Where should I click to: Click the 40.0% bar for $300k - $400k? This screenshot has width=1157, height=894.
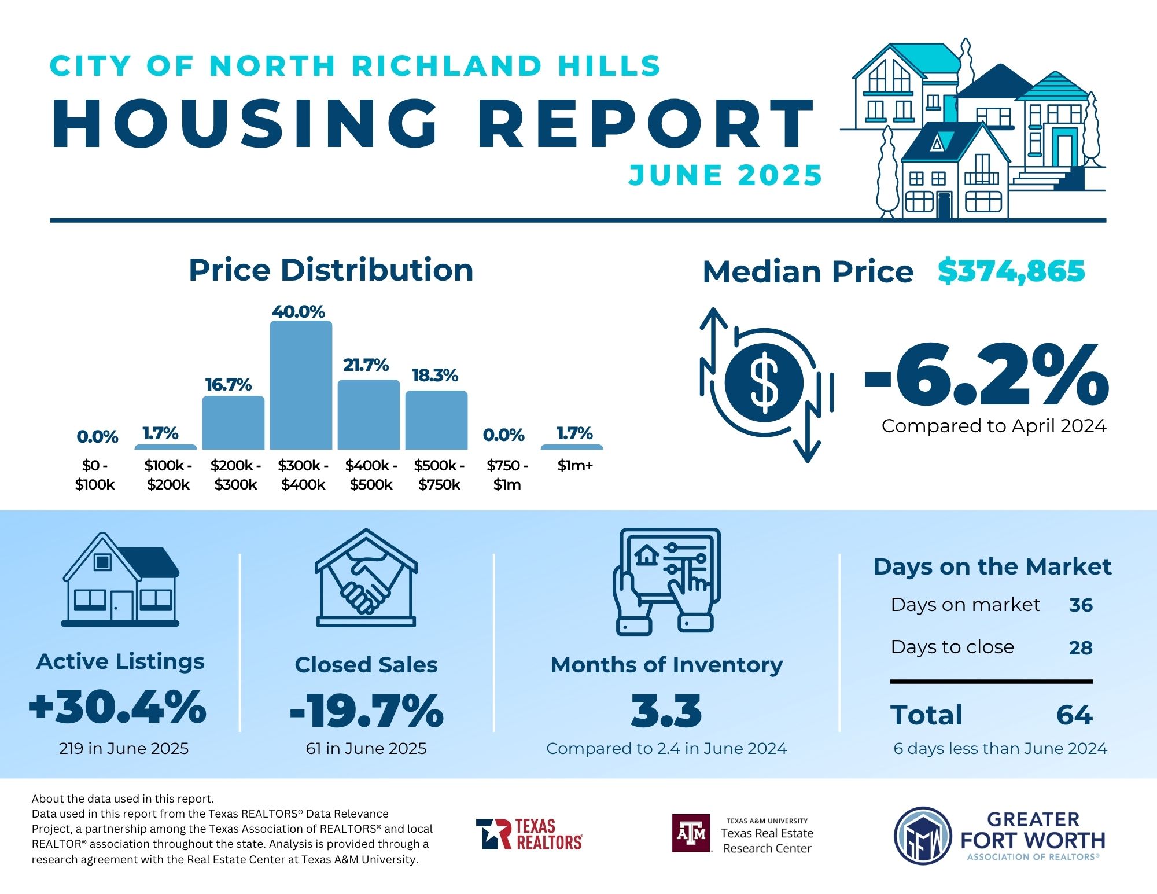(x=301, y=385)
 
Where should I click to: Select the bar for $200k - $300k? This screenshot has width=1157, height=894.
(x=233, y=422)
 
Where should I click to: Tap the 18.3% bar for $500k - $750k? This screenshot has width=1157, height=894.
(x=436, y=420)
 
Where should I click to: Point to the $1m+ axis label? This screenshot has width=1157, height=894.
(x=575, y=466)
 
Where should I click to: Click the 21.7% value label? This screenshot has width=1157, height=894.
(x=366, y=365)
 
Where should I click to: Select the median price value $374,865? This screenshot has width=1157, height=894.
(x=1011, y=271)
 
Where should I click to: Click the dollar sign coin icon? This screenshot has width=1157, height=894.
(x=764, y=382)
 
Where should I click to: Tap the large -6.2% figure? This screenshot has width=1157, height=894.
(x=986, y=375)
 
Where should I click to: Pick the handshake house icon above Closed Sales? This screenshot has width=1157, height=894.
(x=366, y=579)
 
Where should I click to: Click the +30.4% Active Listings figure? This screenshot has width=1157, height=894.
(x=118, y=707)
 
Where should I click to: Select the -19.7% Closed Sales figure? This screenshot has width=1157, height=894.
(x=366, y=711)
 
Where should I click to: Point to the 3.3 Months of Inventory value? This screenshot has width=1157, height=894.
(x=666, y=711)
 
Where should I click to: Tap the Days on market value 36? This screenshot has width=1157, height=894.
(x=1081, y=605)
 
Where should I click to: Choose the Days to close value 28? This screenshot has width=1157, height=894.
(x=1081, y=647)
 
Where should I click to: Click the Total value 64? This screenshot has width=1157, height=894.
(x=1074, y=715)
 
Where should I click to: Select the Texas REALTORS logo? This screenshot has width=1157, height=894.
(x=529, y=834)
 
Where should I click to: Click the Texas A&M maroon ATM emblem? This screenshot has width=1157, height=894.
(x=691, y=833)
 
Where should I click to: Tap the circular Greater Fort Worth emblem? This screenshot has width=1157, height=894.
(x=923, y=836)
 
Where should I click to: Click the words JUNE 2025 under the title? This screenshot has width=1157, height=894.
(x=725, y=175)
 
